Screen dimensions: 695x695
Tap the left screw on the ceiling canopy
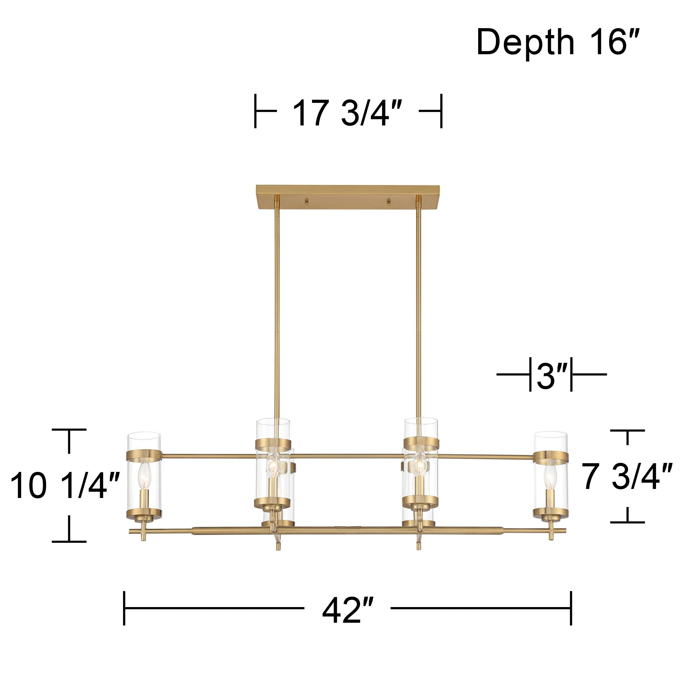(x=306, y=202)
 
